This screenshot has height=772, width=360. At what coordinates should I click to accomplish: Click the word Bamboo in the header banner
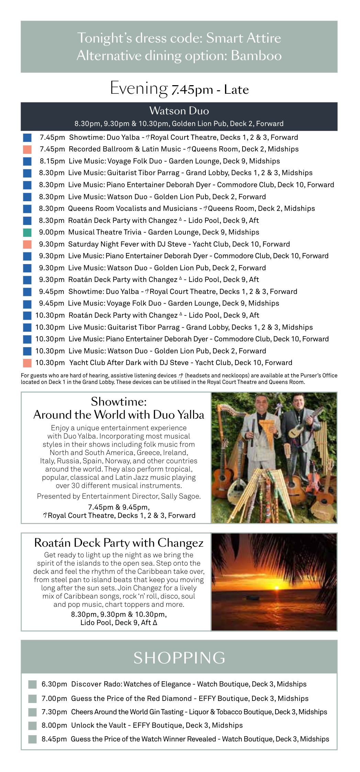(x=256, y=56)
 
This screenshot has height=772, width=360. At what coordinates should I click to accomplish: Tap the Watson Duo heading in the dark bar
(x=179, y=111)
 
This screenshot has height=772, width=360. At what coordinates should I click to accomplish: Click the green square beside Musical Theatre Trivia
(x=27, y=232)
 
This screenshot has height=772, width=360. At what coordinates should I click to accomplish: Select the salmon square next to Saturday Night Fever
(x=27, y=245)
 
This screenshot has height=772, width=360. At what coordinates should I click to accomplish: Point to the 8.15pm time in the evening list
(x=52, y=161)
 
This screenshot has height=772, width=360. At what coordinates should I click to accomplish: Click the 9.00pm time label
(x=52, y=232)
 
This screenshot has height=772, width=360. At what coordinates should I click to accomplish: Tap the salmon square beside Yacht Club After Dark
(x=27, y=363)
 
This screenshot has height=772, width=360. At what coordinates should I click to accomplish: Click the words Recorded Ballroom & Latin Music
(x=125, y=149)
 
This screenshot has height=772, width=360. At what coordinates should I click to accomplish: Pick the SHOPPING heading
(x=179, y=658)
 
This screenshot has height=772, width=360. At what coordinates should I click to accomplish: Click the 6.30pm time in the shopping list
(x=54, y=684)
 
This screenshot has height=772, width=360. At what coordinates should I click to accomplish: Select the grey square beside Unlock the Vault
(x=33, y=726)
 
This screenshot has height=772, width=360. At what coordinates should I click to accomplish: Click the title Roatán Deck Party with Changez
(x=119, y=543)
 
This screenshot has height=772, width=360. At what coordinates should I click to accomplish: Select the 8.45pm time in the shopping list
(x=54, y=739)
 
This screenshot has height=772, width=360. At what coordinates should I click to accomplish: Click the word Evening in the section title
(x=139, y=88)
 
